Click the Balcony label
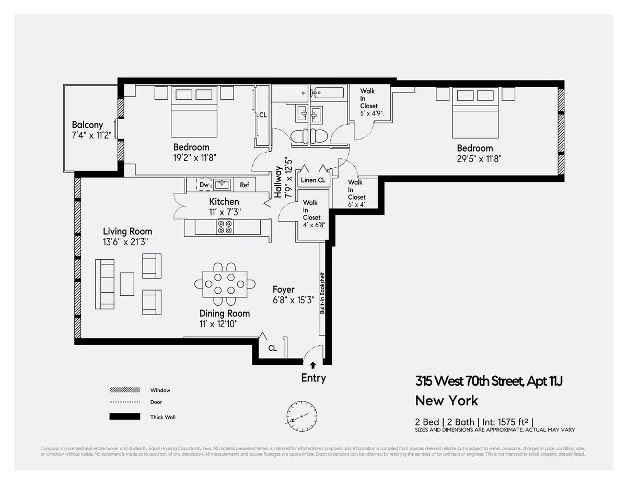tap(87, 125)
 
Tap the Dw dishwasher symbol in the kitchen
tap(204, 184)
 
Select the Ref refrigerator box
tap(245, 185)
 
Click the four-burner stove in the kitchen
tap(225, 227)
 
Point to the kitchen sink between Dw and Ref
tap(224, 184)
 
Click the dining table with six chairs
tap(225, 284)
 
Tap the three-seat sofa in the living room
tap(104, 284)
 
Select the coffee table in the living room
tap(127, 284)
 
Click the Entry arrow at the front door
tap(313, 365)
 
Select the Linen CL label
tap(313, 180)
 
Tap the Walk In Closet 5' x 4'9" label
tap(368, 102)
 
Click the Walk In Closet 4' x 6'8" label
tap(311, 214)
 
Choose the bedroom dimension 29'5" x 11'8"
tap(474, 159)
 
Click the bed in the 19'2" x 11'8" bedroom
tap(194, 111)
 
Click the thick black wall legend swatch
tap(125, 417)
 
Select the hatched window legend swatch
tap(125, 390)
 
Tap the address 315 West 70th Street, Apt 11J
tap(489, 381)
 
